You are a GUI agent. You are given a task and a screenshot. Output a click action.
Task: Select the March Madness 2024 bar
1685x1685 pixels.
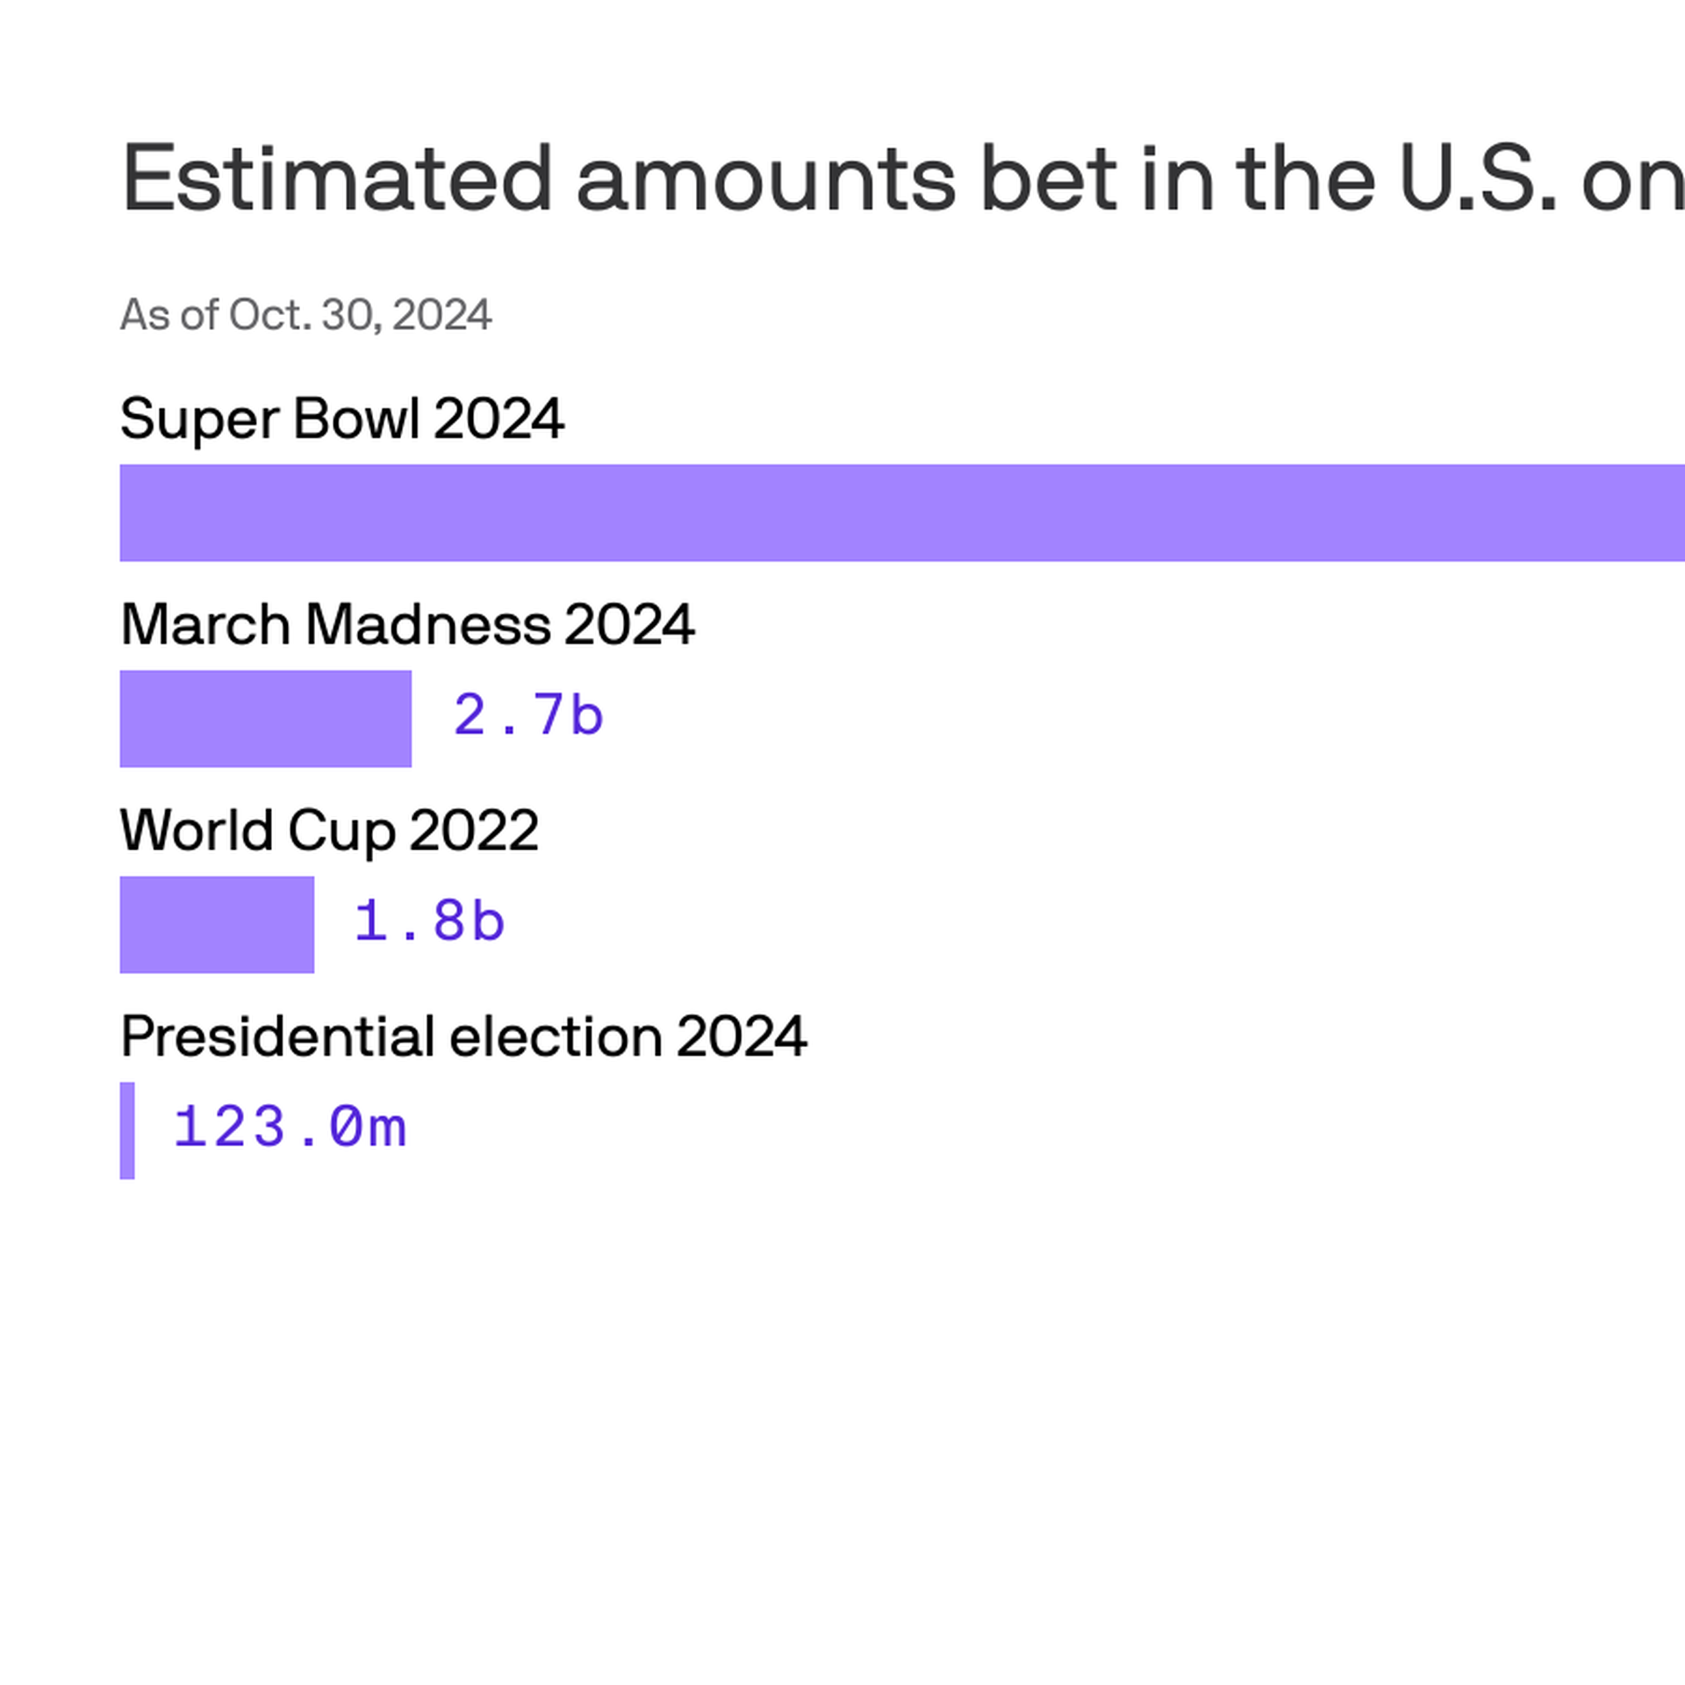click(x=265, y=719)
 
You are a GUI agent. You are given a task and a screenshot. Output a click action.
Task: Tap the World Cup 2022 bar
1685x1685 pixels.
click(x=217, y=924)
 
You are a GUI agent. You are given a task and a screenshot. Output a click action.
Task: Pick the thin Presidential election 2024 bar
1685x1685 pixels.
click(x=127, y=1130)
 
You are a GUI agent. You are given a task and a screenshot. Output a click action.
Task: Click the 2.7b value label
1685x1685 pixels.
click(x=528, y=715)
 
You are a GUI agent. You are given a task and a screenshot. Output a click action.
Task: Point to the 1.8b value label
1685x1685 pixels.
click(x=429, y=921)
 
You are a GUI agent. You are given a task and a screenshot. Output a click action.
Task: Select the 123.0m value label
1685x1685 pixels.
click(x=290, y=1127)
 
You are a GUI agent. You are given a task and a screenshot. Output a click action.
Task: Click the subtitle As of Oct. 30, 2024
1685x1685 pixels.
click(x=305, y=315)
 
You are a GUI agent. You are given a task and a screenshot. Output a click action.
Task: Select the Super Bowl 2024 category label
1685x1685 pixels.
click(x=341, y=419)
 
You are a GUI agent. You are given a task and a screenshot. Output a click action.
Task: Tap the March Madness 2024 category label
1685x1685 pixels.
click(x=407, y=625)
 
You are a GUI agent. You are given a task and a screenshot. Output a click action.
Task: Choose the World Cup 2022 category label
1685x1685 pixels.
click(x=329, y=830)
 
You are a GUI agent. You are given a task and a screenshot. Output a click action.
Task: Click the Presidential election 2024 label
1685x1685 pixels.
click(x=463, y=1036)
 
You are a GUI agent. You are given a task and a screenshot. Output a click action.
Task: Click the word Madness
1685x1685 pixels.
click(x=427, y=625)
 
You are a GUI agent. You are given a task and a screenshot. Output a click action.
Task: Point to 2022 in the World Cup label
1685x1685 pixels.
click(x=473, y=830)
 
